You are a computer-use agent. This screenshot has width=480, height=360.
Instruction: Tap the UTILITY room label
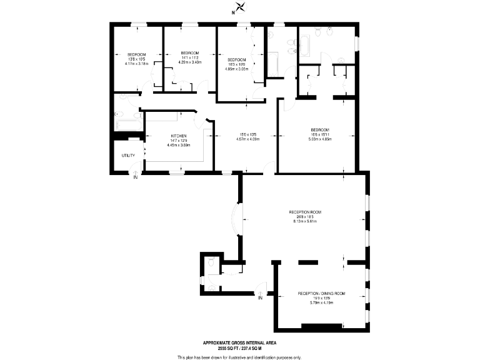click(127, 155)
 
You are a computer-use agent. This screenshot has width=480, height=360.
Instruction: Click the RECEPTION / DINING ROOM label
click(321, 293)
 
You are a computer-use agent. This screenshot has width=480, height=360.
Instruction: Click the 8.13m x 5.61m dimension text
click(304, 221)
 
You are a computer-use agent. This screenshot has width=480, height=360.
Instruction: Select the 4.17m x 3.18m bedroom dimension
click(137, 63)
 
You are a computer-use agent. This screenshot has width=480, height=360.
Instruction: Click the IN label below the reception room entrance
click(260, 298)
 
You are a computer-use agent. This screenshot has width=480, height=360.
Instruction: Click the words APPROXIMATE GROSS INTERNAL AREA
click(239, 342)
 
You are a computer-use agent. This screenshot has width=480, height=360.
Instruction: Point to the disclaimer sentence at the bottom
click(239, 357)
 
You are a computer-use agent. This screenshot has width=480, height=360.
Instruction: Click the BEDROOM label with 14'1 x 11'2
click(190, 52)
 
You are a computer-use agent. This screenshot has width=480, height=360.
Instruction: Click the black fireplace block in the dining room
click(321, 326)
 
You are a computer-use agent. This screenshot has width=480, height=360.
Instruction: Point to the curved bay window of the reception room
click(235, 219)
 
